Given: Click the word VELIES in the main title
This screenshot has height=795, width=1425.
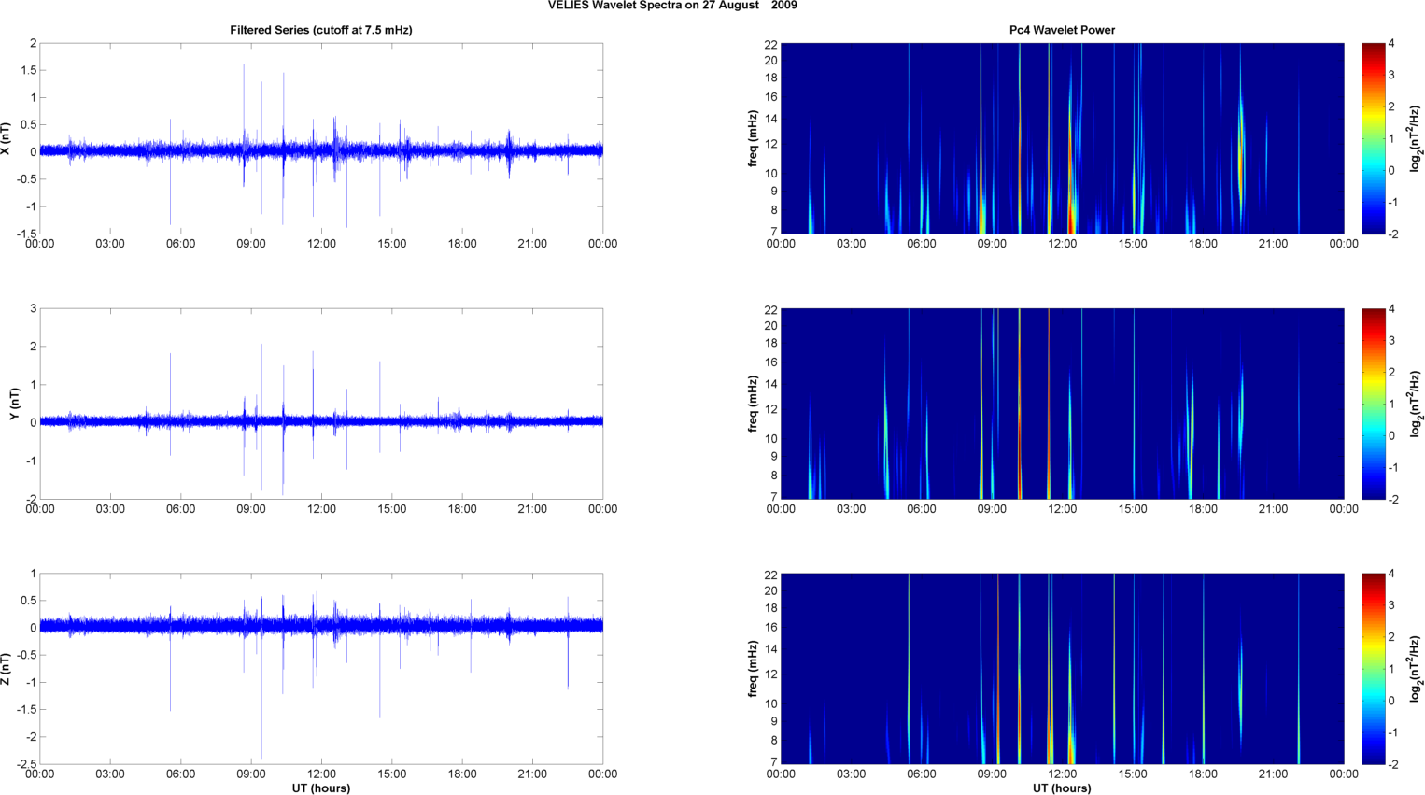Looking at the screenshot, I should coord(569,6).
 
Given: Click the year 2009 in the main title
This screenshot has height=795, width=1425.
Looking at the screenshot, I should coord(783,6).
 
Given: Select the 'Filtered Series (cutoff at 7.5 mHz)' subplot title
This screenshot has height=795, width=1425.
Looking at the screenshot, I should coord(320,30).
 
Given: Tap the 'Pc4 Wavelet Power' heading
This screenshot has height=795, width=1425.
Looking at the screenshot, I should coord(1062,30).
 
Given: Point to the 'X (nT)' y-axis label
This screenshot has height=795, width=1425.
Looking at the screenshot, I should coord(7,138).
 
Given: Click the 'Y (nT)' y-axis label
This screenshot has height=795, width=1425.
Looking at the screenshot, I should coord(14,404).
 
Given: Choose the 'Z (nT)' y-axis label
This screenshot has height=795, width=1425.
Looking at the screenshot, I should coord(7,669).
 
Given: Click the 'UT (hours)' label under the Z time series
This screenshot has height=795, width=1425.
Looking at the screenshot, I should coord(320,788).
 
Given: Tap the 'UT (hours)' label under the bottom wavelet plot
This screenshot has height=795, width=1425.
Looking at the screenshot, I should coord(1062,788).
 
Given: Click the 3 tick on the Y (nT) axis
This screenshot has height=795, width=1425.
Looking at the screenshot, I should coord(34,308).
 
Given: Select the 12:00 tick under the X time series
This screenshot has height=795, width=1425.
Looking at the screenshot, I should coord(321,244).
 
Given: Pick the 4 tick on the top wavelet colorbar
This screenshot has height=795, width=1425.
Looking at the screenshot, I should coord(1391,44).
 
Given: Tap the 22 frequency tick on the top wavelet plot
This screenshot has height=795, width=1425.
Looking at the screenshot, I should coord(770,44).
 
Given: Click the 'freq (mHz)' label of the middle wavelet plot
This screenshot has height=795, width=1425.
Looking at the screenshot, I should coord(753,404).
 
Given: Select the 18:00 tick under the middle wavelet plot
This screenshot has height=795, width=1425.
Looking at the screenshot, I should coord(1203,509).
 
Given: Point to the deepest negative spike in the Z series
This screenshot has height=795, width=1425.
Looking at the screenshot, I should coord(261,757).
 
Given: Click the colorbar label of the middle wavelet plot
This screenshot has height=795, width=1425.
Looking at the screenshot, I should coord(1416,404).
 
